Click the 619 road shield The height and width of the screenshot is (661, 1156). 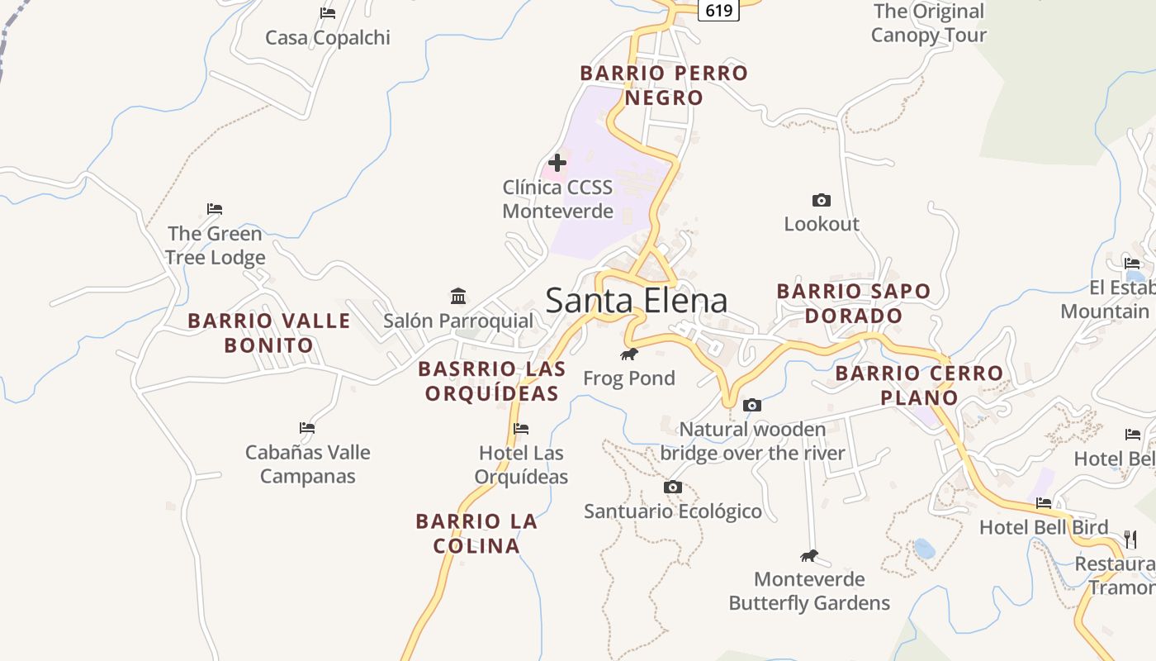pos(719,11)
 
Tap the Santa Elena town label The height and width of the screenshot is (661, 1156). pos(637,301)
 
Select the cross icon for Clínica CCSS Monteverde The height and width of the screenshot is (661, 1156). pos(557,163)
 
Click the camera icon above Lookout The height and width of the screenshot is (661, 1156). pos(821,200)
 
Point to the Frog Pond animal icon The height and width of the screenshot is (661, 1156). pos(629,354)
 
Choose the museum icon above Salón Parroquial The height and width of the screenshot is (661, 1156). pos(458,296)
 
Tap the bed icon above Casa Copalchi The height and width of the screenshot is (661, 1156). pos(328,12)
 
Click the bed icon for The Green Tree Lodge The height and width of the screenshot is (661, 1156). pos(215,209)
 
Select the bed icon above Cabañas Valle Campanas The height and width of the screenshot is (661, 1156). pos(307,428)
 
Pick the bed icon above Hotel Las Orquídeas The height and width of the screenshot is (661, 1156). pos(521,428)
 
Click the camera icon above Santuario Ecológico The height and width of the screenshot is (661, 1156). pos(673,487)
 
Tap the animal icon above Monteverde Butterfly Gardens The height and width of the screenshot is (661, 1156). pos(809,555)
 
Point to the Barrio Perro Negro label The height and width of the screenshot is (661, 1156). pos(664,85)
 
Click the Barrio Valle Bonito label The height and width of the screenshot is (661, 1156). pos(269,333)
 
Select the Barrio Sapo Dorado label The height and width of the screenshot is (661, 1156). pos(854,303)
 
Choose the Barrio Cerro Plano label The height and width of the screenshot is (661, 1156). pos(919,385)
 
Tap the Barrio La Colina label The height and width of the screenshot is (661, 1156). pos(476,533)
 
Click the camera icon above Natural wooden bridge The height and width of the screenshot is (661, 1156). pos(751,405)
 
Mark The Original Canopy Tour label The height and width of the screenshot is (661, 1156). pos(929,23)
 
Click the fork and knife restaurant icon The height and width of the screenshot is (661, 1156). pos(1131,540)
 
